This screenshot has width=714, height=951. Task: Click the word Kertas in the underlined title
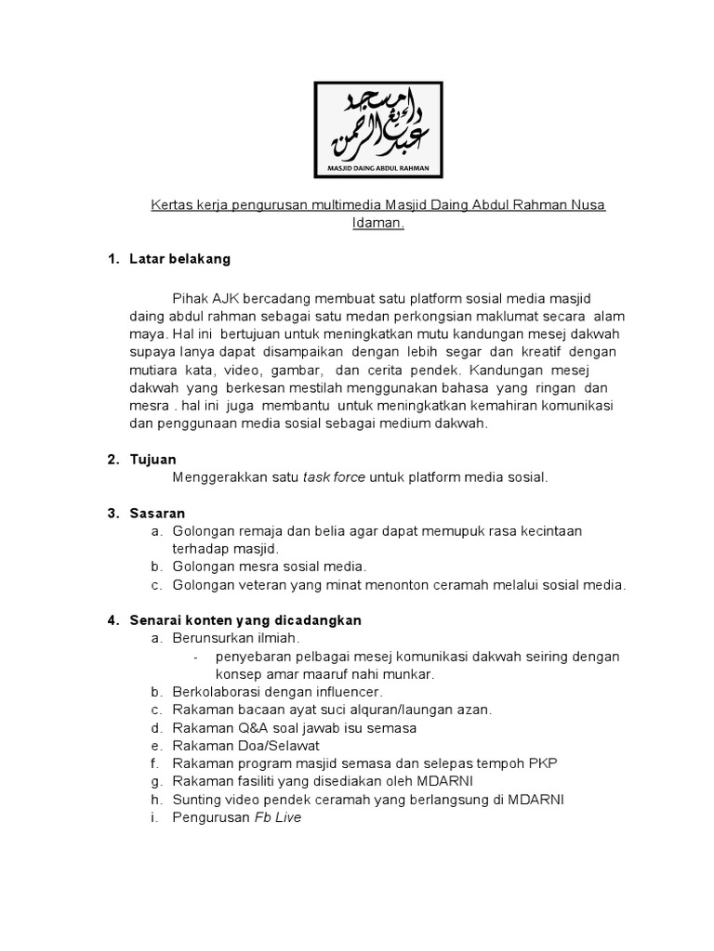pyautogui.click(x=172, y=204)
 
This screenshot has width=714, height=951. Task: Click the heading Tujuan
pyautogui.click(x=153, y=460)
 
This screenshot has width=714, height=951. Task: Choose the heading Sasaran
pyautogui.click(x=157, y=513)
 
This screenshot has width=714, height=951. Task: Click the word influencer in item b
pyautogui.click(x=349, y=692)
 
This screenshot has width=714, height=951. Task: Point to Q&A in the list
pyautogui.click(x=250, y=727)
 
